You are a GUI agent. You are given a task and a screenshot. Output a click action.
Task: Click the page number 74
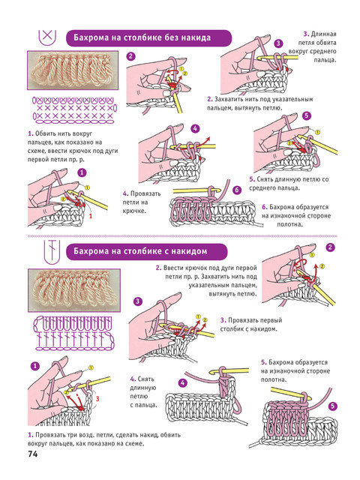point(33,454)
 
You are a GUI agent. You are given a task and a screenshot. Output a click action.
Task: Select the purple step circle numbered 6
point(237,190)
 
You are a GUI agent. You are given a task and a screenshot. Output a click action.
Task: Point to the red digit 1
point(90,216)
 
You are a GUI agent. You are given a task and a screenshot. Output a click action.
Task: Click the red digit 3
point(97,398)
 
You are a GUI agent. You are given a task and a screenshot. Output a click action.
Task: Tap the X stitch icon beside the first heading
point(47,37)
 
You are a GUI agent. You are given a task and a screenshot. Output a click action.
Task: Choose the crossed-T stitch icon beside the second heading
point(52,252)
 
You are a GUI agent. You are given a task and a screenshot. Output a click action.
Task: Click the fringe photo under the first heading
point(73,70)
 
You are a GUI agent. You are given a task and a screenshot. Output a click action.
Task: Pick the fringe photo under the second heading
point(74,290)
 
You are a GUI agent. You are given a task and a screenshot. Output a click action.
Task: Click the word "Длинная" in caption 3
point(323,34)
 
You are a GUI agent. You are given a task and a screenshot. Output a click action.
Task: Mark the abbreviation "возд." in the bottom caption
point(105,435)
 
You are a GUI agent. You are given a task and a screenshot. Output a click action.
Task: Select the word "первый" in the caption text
point(271,320)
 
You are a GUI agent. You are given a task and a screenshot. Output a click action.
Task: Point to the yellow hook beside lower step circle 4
point(229,371)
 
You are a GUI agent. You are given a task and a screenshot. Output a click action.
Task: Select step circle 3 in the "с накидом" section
point(138,301)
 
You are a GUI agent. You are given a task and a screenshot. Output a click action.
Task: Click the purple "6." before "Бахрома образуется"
point(265,207)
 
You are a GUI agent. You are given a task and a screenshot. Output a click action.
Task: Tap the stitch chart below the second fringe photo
point(74,333)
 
